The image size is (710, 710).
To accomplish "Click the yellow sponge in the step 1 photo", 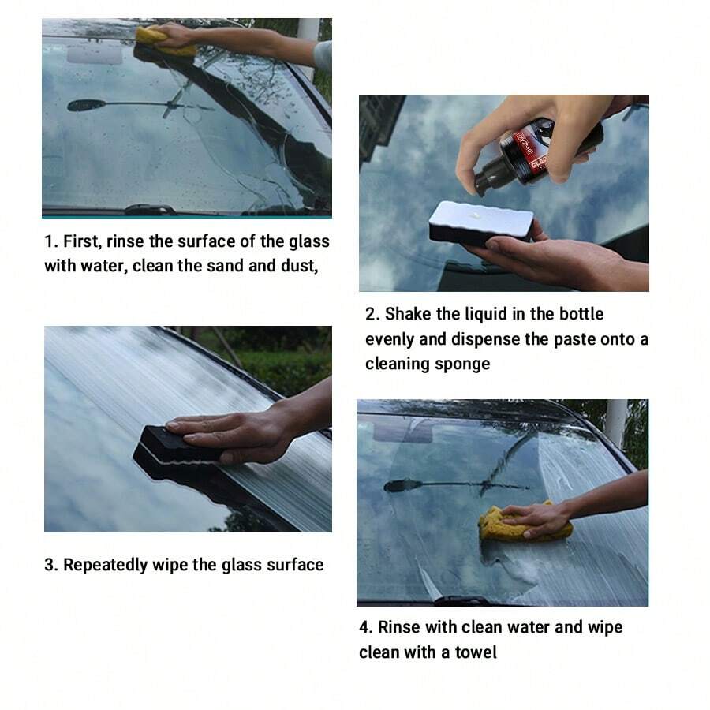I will point(164,42).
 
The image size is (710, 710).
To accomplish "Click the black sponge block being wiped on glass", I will point(177,453).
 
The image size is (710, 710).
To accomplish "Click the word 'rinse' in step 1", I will point(129,242).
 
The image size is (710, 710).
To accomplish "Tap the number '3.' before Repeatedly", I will point(51,565).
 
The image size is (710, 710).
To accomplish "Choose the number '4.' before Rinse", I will point(366,628).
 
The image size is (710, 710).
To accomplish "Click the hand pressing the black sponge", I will point(237,433).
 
